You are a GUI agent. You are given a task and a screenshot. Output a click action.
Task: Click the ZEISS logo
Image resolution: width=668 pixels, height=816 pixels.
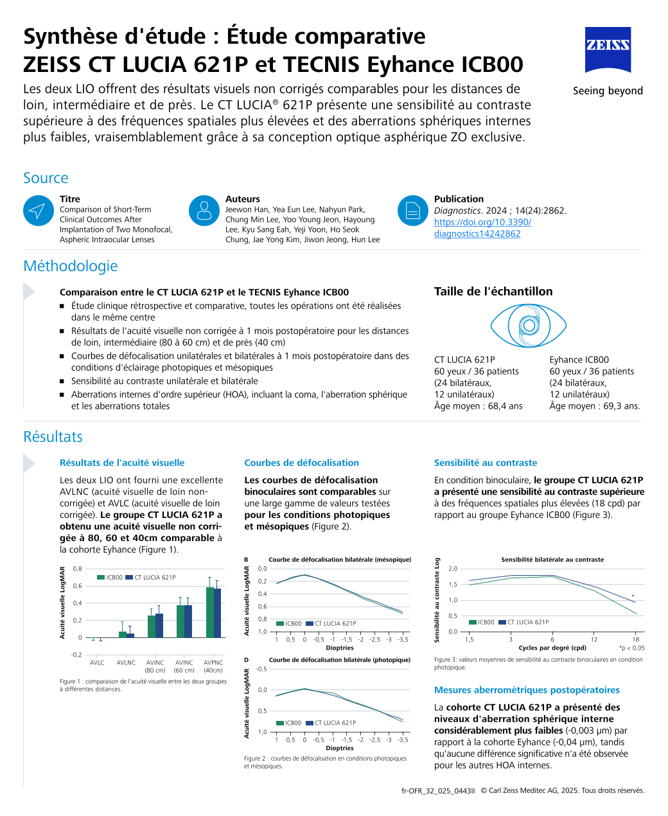(608, 49)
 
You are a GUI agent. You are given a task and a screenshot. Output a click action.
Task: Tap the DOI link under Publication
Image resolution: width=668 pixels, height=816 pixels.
(482, 228)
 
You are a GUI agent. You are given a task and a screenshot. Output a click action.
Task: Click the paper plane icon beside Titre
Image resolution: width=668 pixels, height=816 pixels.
(38, 211)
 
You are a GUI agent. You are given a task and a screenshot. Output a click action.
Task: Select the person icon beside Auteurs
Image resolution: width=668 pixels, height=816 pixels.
(204, 211)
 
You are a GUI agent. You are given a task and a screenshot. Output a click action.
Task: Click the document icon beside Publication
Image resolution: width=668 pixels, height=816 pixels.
(412, 211)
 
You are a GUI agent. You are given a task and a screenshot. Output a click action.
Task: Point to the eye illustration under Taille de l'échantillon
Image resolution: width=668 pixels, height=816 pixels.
(528, 326)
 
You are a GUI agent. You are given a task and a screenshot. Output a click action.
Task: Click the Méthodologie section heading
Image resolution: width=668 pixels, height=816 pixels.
(71, 266)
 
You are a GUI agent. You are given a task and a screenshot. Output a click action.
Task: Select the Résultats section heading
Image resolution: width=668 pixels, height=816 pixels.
(53, 437)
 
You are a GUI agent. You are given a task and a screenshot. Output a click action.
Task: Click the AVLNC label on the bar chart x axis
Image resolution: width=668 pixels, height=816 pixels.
(126, 662)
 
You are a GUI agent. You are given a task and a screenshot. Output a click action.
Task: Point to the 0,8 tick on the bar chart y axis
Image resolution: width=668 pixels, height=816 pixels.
(77, 569)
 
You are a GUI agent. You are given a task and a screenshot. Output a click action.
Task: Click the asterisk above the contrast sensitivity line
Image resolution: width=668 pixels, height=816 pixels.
(633, 596)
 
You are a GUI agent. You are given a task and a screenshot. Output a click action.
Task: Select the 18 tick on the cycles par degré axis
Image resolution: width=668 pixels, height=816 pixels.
(635, 639)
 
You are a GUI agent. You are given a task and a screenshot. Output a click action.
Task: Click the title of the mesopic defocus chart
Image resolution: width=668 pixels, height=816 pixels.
(340, 560)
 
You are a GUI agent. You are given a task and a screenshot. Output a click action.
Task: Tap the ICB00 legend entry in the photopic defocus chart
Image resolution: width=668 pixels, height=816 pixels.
(289, 723)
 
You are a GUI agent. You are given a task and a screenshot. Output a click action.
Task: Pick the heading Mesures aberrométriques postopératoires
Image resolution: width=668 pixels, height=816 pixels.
(527, 690)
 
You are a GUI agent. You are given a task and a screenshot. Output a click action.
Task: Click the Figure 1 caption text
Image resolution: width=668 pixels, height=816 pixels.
(143, 685)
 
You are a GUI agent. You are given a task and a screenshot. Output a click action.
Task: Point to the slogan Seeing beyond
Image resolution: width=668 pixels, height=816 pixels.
(608, 91)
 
